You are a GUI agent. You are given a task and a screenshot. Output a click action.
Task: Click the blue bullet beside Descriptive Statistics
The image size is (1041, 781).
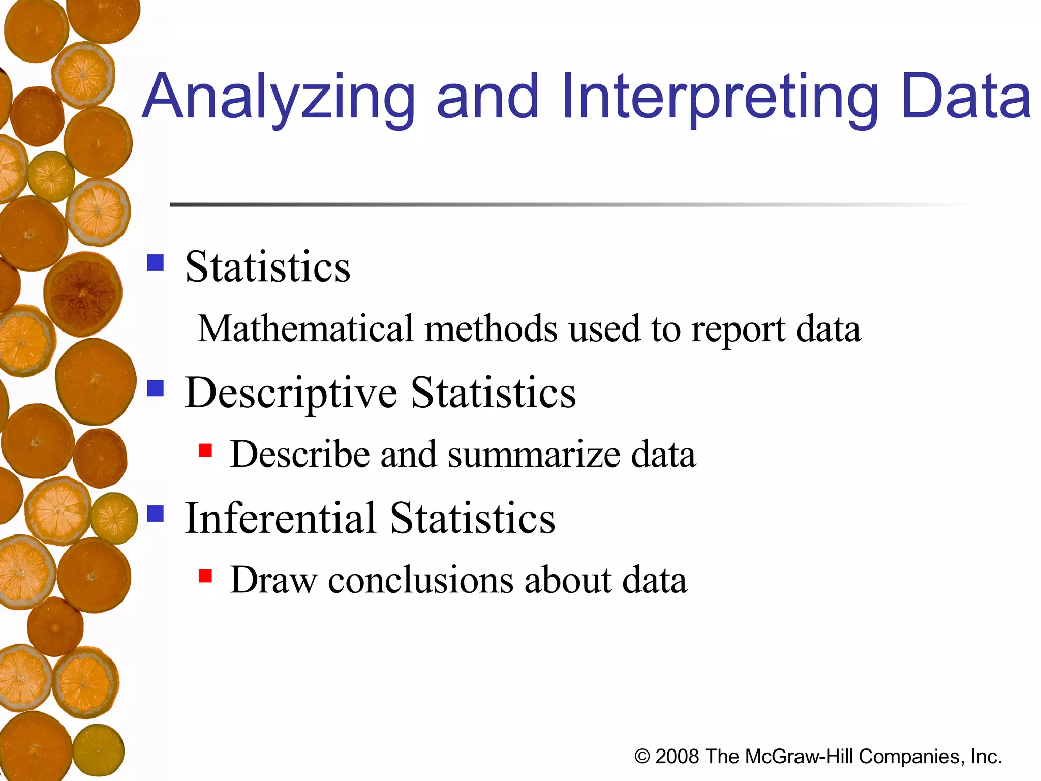pos(156,388)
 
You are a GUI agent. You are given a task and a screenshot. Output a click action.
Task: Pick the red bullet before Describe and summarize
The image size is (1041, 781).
pos(205,450)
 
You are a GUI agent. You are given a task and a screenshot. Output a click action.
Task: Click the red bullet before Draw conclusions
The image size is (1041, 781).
pos(205,576)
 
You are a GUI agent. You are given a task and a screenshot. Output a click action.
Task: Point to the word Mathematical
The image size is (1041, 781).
pos(305,328)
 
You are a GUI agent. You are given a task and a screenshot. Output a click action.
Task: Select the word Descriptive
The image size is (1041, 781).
pos(291,393)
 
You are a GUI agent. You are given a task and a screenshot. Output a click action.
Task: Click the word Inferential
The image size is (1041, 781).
pos(280,518)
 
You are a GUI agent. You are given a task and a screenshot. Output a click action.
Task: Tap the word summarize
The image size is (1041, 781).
pos(534,454)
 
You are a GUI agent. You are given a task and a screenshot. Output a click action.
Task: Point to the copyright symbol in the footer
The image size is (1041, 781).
pos(642,757)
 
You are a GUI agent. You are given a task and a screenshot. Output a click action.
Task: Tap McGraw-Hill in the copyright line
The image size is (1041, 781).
pos(799,757)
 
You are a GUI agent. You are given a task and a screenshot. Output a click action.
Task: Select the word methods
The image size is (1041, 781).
pos(491,328)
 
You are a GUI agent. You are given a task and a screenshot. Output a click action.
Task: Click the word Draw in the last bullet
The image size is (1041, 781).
pos(273,580)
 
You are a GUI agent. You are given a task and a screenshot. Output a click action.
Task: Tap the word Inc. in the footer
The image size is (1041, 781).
pos(986,757)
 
